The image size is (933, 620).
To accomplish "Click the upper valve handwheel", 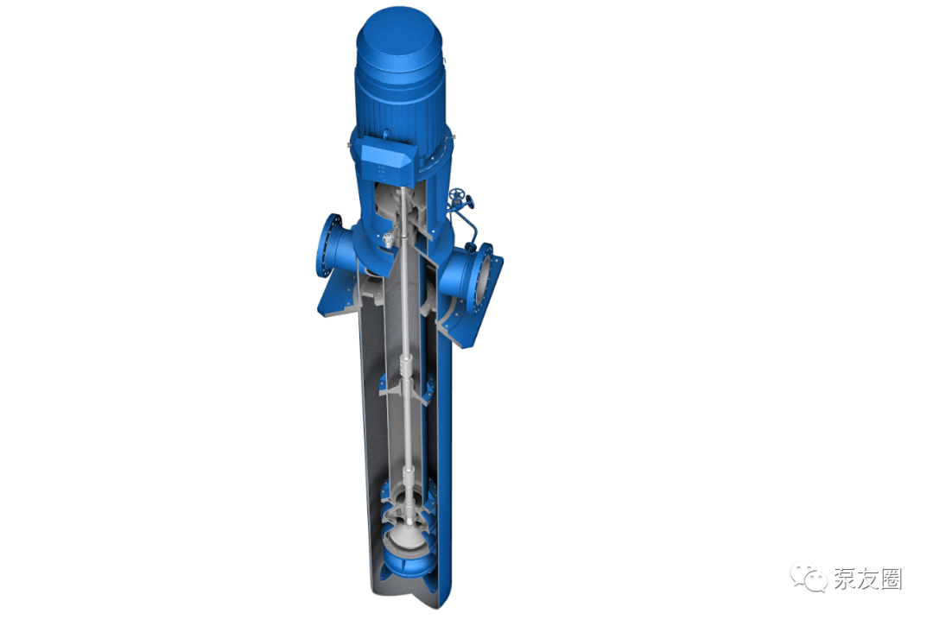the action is click(x=457, y=194).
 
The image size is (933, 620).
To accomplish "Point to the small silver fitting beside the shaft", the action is click(x=388, y=239).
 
